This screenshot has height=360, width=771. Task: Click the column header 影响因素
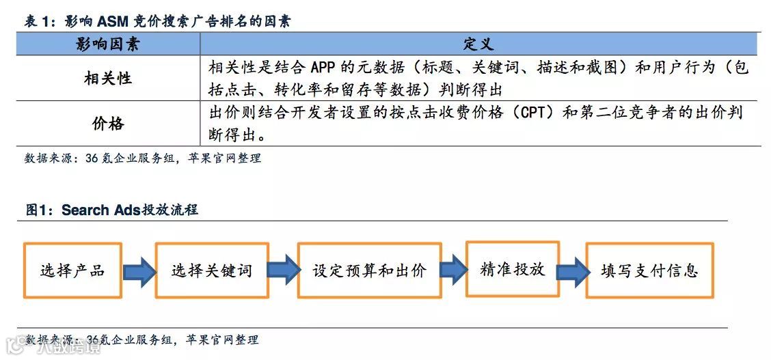(108, 44)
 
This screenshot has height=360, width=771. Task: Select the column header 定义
(478, 44)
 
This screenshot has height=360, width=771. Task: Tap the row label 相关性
(108, 79)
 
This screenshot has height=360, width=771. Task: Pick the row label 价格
(108, 124)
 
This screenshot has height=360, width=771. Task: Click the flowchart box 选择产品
(72, 270)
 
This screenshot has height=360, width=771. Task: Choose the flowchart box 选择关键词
(212, 271)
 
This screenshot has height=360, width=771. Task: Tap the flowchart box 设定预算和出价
(369, 271)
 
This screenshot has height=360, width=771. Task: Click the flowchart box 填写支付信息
(649, 271)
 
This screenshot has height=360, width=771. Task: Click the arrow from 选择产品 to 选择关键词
(139, 271)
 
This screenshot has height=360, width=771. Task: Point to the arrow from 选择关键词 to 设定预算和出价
(282, 271)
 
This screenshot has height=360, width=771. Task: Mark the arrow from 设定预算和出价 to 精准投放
(453, 271)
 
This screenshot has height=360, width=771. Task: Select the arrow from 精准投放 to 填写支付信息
(573, 271)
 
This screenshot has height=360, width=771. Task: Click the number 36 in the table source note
(92, 158)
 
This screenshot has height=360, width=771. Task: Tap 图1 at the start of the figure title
(37, 210)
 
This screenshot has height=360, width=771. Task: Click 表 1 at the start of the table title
(40, 21)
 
